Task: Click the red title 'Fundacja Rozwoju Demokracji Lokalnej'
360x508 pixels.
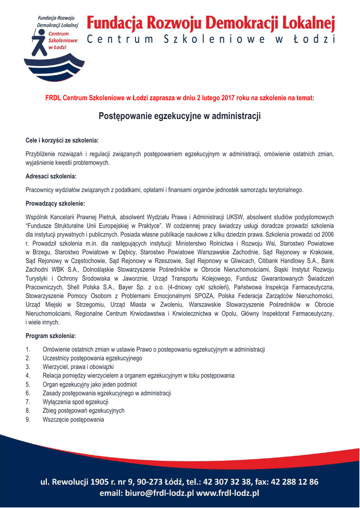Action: [211, 23]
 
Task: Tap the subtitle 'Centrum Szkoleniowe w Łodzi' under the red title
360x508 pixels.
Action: [211, 40]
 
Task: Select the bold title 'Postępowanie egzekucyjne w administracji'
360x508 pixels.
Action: [180, 116]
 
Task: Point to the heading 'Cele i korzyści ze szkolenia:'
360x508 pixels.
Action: [62, 140]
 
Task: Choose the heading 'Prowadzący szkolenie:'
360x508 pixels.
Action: [55, 203]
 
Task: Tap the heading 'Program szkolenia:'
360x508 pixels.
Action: [51, 336]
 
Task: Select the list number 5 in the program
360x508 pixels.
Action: [28, 384]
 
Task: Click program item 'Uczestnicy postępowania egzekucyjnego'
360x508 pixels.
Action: [92, 358]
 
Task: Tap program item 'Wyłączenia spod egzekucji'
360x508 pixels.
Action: [75, 402]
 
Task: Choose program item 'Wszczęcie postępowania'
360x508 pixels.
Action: [73, 420]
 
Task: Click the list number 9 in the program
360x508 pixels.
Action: [28, 420]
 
